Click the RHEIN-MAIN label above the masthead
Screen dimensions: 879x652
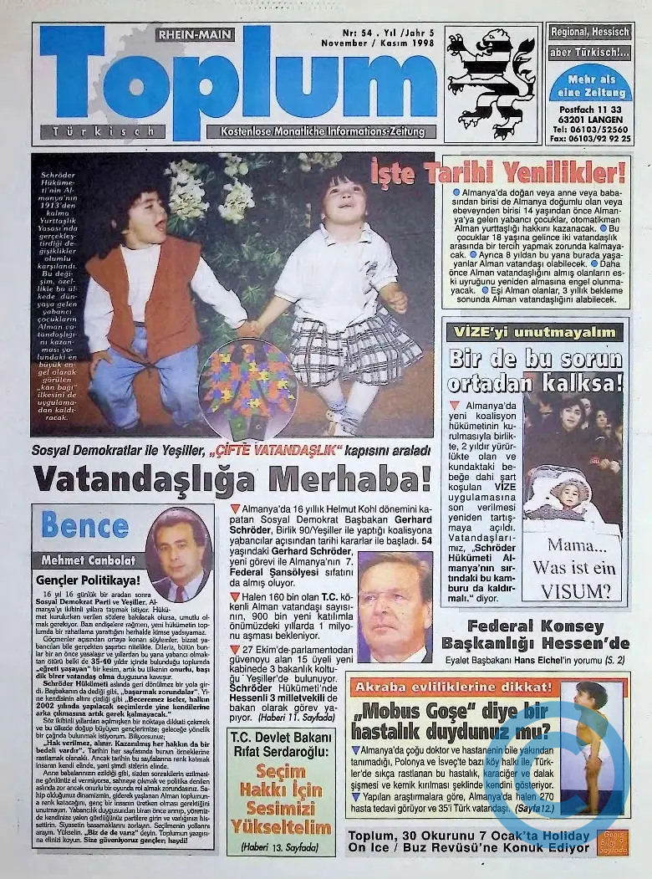coord(195,35)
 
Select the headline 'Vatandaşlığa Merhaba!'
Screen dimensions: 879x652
coord(232,478)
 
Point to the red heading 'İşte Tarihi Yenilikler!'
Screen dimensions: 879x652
coord(498,173)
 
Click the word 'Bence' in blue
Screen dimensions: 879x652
coord(84,525)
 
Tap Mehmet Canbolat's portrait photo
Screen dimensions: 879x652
coord(178,554)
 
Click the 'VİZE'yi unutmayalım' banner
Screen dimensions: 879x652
coord(532,332)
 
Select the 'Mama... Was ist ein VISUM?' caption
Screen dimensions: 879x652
coord(571,568)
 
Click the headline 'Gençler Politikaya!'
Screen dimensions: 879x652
coord(88,579)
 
